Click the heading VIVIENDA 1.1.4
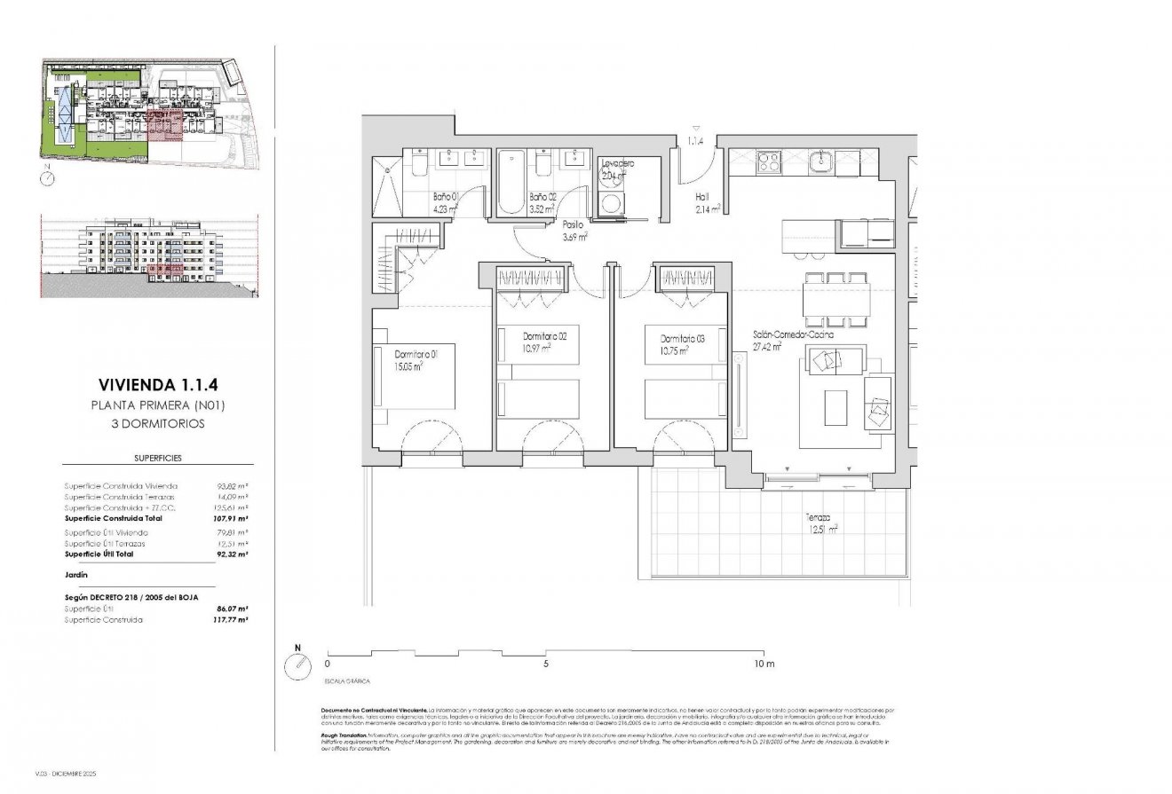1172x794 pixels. point(156,386)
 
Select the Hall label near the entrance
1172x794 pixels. point(701,198)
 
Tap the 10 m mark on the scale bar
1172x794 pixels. point(764,663)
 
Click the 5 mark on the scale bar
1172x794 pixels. point(546,663)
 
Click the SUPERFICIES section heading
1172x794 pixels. point(156,459)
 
